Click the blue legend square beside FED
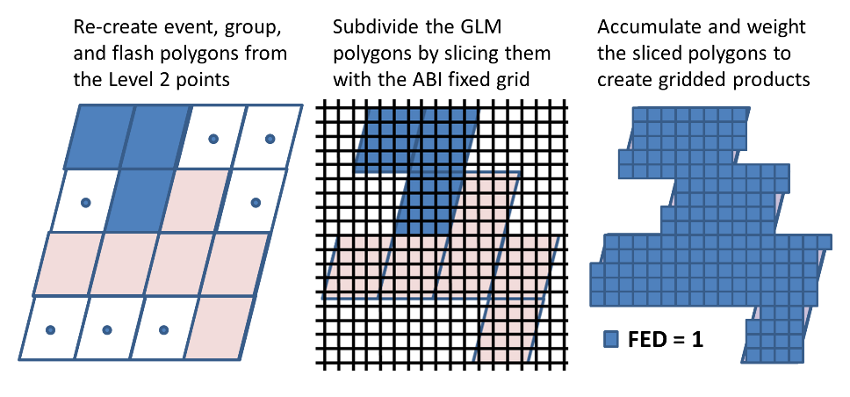[610, 340]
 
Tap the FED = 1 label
[665, 340]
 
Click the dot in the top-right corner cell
[270, 139]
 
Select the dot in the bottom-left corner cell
[50, 329]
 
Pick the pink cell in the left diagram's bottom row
[219, 328]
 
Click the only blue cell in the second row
[140, 200]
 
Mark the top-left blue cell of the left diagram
[99, 137]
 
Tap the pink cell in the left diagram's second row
[195, 200]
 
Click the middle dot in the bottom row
[107, 329]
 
